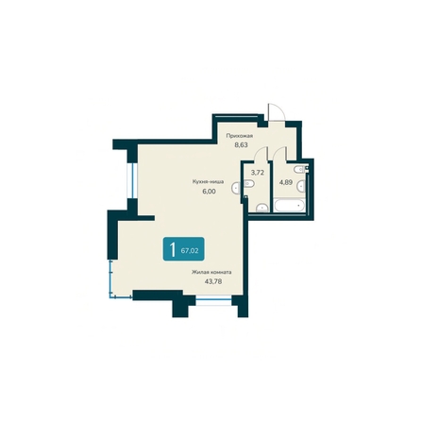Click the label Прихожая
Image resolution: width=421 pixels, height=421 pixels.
click(x=240, y=136)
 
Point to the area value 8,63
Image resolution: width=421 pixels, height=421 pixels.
click(x=242, y=144)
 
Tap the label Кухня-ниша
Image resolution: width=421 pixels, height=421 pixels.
click(x=209, y=181)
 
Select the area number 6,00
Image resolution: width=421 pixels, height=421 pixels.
click(x=209, y=191)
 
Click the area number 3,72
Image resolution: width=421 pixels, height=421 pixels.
click(x=257, y=173)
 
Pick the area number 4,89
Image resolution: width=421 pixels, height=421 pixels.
click(x=286, y=182)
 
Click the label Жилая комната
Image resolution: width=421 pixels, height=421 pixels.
click(x=211, y=272)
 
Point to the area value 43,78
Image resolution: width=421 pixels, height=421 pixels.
click(x=213, y=281)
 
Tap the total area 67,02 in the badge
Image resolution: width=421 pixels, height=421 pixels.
click(x=190, y=251)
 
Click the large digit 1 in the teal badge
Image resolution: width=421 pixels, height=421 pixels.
click(x=172, y=249)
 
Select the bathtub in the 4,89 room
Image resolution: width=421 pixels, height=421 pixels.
click(x=289, y=206)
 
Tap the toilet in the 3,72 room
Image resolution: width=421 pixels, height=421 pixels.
click(x=248, y=183)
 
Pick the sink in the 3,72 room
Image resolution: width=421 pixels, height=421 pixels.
click(x=261, y=208)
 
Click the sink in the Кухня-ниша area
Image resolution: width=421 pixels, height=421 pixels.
click(x=236, y=188)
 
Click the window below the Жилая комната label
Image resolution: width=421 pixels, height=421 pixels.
click(x=213, y=300)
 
